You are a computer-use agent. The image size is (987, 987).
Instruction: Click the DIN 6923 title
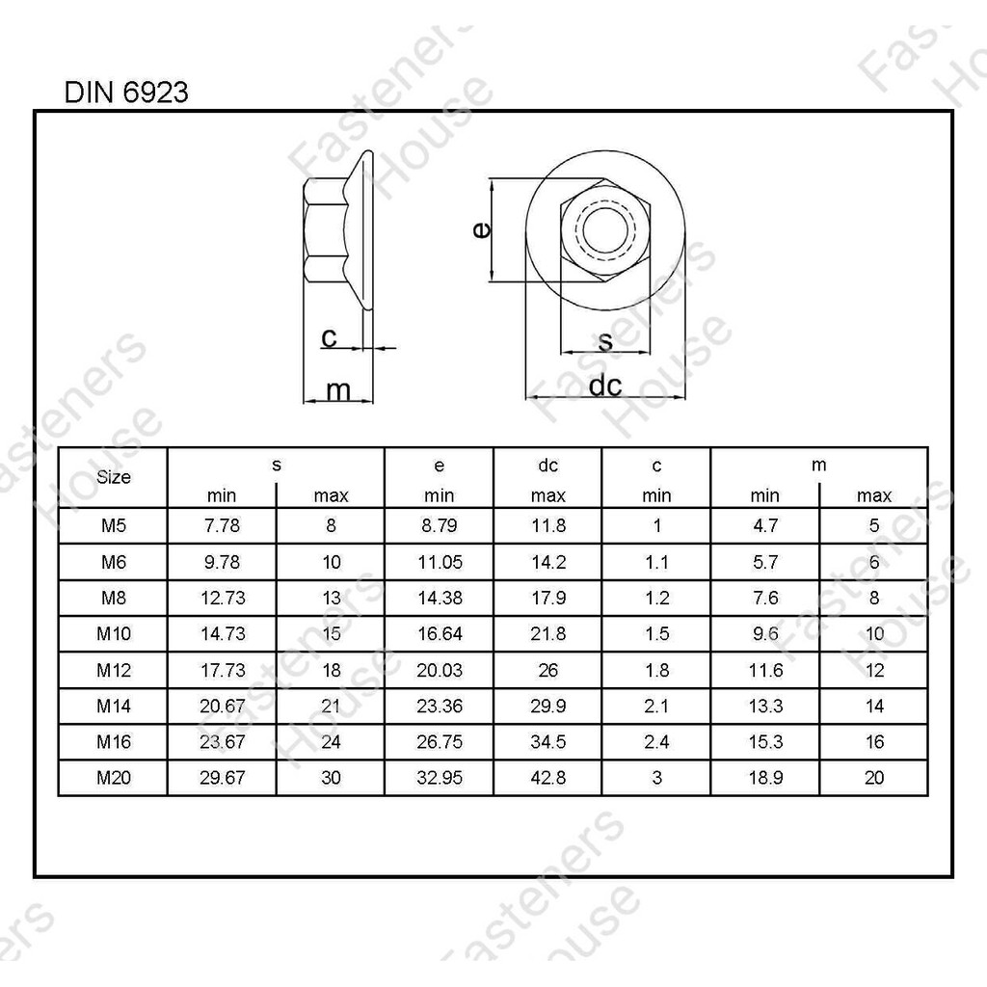point(126,93)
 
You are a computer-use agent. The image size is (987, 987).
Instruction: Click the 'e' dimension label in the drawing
point(481,229)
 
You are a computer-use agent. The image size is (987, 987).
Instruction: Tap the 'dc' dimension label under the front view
point(605,386)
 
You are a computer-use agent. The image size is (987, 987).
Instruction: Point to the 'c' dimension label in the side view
point(329,338)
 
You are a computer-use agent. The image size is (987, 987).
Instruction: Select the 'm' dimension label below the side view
point(338,391)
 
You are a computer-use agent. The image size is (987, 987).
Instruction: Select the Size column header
point(114,477)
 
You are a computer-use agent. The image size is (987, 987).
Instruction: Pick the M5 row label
point(114,525)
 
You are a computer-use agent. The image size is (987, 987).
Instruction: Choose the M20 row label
point(114,778)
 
